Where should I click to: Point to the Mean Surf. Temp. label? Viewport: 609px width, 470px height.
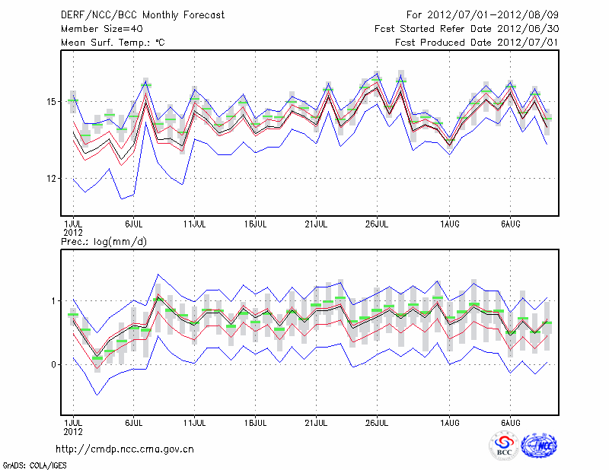click(x=113, y=43)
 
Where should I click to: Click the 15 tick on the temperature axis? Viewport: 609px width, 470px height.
click(x=51, y=101)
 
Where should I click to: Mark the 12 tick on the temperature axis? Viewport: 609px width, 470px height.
click(x=51, y=178)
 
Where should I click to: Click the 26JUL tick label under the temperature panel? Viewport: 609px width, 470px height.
click(x=378, y=225)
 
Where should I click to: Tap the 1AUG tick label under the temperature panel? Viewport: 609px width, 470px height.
click(x=449, y=225)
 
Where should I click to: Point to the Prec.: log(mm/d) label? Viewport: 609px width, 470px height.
click(x=104, y=241)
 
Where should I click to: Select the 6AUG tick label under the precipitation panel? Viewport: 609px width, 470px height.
click(x=511, y=421)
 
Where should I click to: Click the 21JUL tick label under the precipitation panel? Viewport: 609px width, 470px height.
click(x=317, y=421)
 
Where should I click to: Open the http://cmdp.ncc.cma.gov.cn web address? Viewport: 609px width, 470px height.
click(x=125, y=449)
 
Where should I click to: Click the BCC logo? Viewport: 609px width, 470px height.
click(x=504, y=446)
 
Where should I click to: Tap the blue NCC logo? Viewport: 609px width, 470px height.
click(x=540, y=446)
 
